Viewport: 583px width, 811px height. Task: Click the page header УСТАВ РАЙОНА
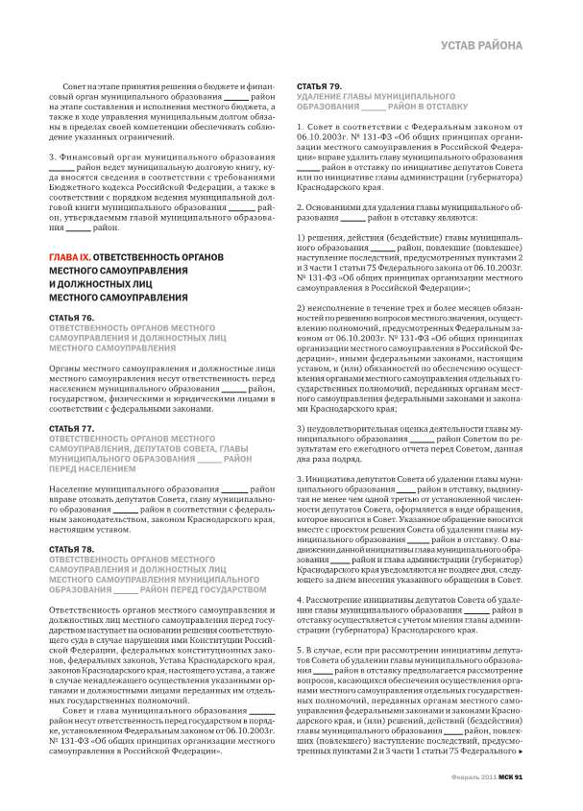(481, 45)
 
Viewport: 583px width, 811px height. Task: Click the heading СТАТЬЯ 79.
(320, 86)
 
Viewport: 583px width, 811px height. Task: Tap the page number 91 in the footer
(517, 776)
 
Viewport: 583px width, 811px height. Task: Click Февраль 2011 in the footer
(474, 776)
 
